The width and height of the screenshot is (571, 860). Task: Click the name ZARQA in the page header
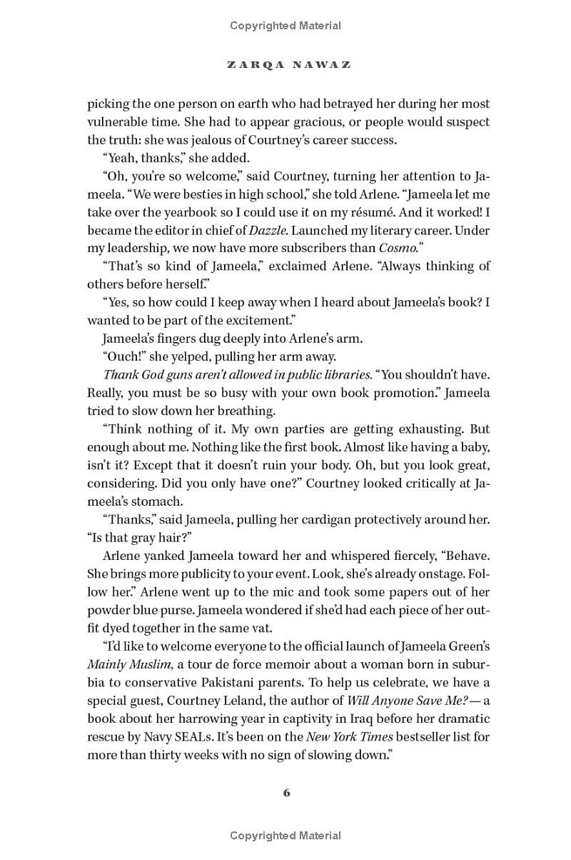click(x=252, y=64)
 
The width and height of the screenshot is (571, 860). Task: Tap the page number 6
click(x=286, y=792)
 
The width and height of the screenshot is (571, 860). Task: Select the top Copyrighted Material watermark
click(x=285, y=26)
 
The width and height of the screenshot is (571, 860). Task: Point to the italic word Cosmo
click(x=400, y=248)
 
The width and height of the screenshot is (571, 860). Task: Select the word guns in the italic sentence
click(x=185, y=374)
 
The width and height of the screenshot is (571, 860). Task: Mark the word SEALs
click(x=184, y=736)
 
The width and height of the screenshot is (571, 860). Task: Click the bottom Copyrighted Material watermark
click(x=285, y=835)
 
